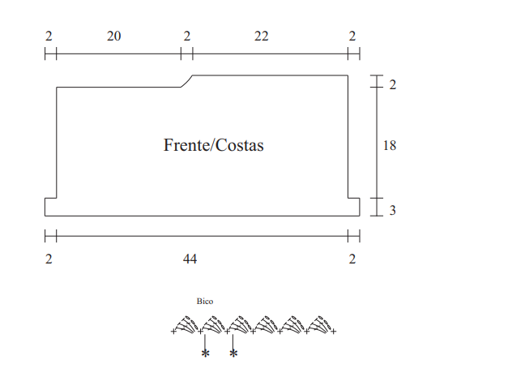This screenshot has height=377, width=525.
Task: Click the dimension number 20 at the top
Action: click(114, 36)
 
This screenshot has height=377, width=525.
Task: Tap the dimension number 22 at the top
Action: click(261, 36)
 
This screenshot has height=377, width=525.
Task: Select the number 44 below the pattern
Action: click(190, 259)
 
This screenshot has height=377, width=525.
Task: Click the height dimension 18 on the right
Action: click(390, 145)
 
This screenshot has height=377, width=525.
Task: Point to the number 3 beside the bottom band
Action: click(393, 210)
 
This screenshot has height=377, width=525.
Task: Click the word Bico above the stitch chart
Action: click(205, 302)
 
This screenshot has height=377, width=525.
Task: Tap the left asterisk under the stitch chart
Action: click(205, 353)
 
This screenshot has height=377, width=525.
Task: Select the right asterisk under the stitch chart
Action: click(233, 353)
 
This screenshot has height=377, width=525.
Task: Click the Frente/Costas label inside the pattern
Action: click(214, 145)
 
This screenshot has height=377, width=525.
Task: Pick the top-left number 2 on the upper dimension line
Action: click(49, 36)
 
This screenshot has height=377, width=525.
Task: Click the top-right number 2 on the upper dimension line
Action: click(352, 36)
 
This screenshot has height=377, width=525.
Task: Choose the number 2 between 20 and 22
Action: click(187, 36)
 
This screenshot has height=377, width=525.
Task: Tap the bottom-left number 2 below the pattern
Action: click(49, 259)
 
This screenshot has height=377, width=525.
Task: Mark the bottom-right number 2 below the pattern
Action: click(352, 259)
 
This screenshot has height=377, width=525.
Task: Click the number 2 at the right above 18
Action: click(393, 85)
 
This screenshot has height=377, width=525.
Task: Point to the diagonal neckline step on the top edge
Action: click(187, 81)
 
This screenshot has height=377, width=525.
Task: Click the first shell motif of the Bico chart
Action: click(186, 324)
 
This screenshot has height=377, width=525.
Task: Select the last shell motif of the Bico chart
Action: click(321, 324)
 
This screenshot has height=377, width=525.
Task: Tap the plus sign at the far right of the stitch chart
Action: click(333, 332)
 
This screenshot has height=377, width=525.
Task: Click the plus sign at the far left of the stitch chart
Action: click(173, 332)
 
